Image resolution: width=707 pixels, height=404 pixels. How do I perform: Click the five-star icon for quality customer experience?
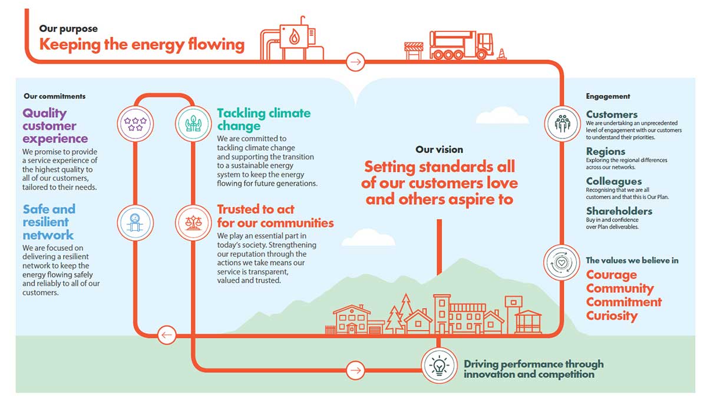click(x=135, y=123)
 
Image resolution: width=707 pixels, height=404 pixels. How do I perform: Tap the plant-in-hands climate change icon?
click(x=193, y=123)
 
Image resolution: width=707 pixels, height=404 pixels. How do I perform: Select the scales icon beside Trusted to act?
click(x=193, y=221)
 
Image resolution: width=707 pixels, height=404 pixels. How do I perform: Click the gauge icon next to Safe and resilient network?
click(x=135, y=221)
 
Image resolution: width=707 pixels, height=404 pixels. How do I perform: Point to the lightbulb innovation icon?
click(x=439, y=365)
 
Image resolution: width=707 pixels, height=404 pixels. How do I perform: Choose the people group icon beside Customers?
click(x=561, y=123)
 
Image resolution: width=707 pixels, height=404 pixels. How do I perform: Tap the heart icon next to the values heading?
click(x=561, y=261)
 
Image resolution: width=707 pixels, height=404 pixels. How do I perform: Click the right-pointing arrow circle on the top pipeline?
click(x=356, y=61)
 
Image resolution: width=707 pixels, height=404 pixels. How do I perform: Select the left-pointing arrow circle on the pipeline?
click(x=167, y=336)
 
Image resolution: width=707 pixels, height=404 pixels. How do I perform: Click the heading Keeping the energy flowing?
click(x=141, y=44)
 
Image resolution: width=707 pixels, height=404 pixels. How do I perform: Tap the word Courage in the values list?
click(x=611, y=275)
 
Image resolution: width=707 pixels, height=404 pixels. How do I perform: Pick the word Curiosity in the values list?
click(x=612, y=316)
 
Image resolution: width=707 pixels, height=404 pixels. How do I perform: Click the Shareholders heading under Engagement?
click(x=619, y=211)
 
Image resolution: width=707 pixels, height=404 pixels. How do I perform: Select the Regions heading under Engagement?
click(x=605, y=151)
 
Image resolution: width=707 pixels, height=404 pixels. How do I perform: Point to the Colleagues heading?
click(x=613, y=181)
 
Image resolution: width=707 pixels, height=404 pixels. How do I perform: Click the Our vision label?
click(x=439, y=150)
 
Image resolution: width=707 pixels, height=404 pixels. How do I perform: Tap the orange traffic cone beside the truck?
click(x=502, y=54)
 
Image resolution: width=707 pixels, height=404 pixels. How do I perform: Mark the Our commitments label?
click(x=54, y=96)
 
